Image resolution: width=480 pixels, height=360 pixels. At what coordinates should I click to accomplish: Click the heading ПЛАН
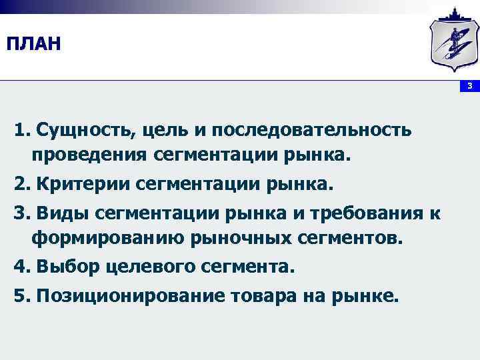(x=33, y=45)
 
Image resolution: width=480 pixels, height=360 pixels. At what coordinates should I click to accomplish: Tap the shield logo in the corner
(x=453, y=42)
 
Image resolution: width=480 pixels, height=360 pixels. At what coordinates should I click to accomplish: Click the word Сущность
(x=84, y=130)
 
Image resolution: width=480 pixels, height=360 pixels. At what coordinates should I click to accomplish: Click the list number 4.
(x=20, y=267)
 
